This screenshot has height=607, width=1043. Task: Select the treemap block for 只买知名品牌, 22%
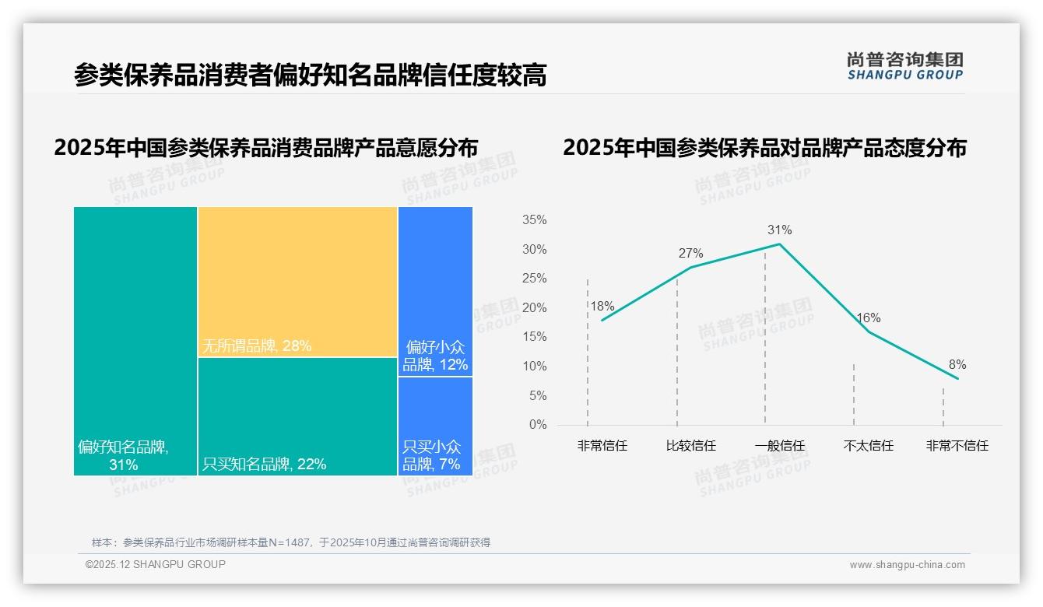(297, 416)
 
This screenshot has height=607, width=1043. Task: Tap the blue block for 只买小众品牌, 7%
(435, 426)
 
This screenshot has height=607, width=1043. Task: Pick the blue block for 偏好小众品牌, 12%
(435, 291)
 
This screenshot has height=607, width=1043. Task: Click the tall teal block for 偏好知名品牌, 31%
(135, 341)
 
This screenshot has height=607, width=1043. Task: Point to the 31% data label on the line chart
(779, 230)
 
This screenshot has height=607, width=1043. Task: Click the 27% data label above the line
(690, 253)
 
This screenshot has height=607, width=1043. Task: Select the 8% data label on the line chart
(957, 364)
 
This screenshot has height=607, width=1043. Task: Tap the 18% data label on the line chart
(602, 306)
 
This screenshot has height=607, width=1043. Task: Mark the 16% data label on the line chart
(868, 318)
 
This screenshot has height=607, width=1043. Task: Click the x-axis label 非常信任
(602, 446)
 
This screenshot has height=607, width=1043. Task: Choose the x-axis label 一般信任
(779, 446)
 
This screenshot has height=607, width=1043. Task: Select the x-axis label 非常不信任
(957, 446)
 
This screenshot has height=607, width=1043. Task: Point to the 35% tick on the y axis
(534, 220)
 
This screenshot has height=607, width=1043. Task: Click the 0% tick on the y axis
(537, 425)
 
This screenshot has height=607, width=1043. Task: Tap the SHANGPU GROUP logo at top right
(904, 66)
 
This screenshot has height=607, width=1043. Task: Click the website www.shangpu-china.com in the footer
(907, 565)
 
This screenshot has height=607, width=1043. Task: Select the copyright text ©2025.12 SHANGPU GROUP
(156, 564)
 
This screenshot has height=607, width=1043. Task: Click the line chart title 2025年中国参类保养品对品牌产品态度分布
(764, 147)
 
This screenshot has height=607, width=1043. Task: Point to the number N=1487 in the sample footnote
(288, 542)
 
